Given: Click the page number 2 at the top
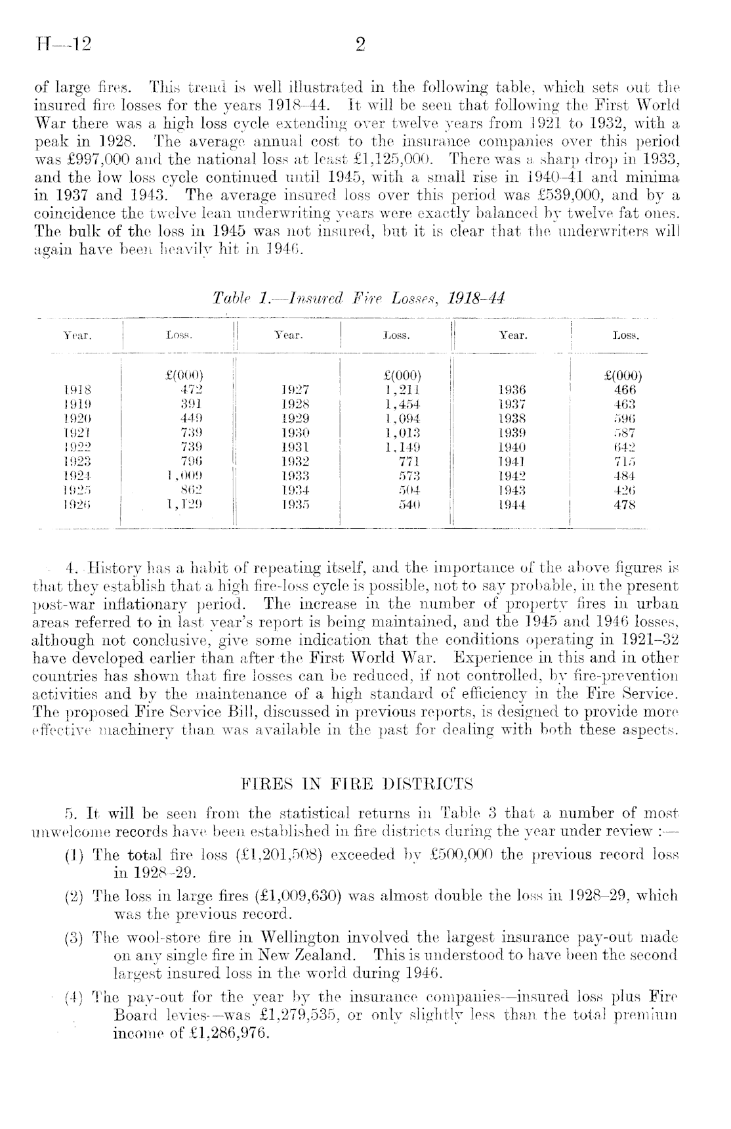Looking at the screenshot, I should coord(360,45).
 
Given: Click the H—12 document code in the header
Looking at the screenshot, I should coord(64,45).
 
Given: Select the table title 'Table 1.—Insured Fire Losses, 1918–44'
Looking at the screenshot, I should coord(359,298).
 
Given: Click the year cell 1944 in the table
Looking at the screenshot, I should coord(512,505).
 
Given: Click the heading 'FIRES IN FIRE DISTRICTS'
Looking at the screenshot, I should coord(358,784).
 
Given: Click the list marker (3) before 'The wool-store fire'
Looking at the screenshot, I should coord(73,937).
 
